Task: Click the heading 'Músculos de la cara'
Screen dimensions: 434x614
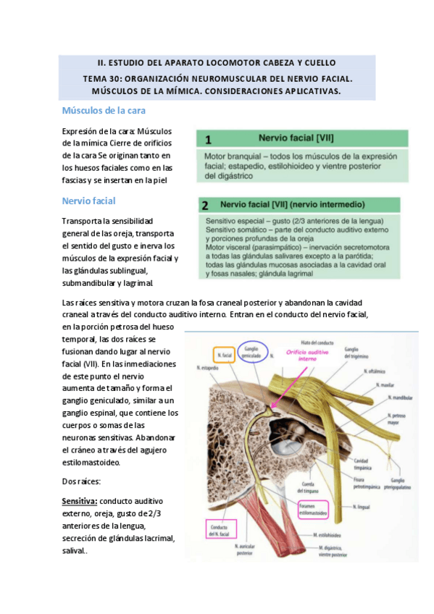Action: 104,111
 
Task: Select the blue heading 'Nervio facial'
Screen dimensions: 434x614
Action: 89,201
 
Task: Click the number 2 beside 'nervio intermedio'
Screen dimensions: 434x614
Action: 206,205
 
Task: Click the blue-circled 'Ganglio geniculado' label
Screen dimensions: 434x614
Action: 251,348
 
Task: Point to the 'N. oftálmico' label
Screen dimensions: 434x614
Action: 375,371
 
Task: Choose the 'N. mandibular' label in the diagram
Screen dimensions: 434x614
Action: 398,398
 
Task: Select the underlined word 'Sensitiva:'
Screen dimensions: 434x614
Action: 79,500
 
